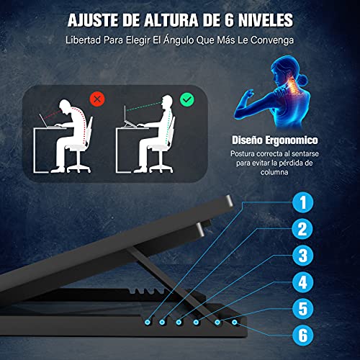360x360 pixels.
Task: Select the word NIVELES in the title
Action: [265, 16]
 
